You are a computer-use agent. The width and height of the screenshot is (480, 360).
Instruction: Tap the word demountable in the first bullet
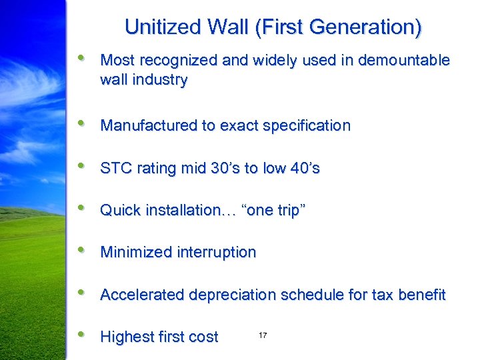[x=404, y=61]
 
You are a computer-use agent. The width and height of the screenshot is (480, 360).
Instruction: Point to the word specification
[x=305, y=125]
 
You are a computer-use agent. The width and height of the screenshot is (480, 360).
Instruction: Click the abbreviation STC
[x=114, y=168]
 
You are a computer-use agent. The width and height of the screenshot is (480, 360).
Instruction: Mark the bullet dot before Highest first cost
[x=81, y=335]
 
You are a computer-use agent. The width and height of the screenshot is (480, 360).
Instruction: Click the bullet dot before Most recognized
[x=81, y=59]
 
